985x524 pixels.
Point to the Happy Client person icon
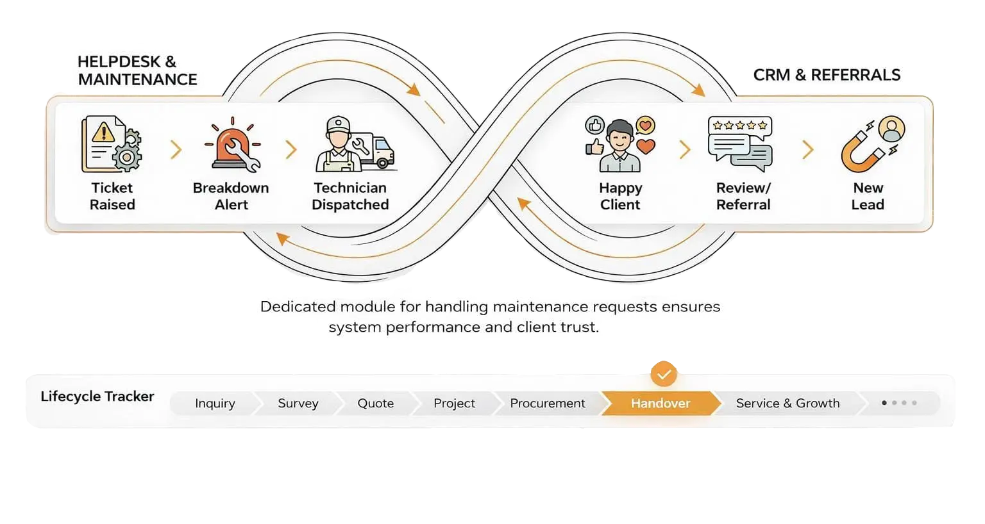(x=619, y=146)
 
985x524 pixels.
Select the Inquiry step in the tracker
(x=215, y=404)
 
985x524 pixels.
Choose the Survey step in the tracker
(x=298, y=404)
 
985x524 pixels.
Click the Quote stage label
(x=376, y=404)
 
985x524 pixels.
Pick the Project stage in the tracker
(x=454, y=404)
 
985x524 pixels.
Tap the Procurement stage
(x=547, y=404)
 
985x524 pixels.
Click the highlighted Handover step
(x=660, y=404)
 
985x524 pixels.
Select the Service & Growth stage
(x=787, y=404)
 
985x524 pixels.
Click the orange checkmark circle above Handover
(x=664, y=373)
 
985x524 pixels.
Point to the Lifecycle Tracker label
(x=97, y=397)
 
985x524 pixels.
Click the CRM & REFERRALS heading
(x=827, y=75)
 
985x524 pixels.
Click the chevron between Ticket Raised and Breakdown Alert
(x=176, y=150)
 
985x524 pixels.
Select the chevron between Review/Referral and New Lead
(x=808, y=150)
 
